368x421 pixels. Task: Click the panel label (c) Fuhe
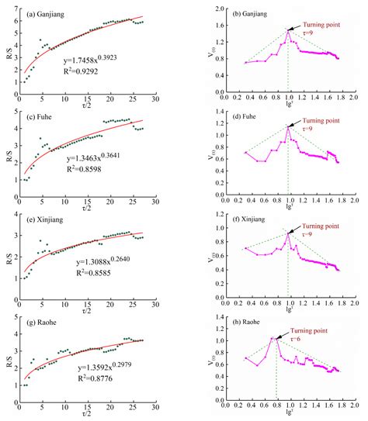point(40,116)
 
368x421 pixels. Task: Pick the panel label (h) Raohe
point(241,324)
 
